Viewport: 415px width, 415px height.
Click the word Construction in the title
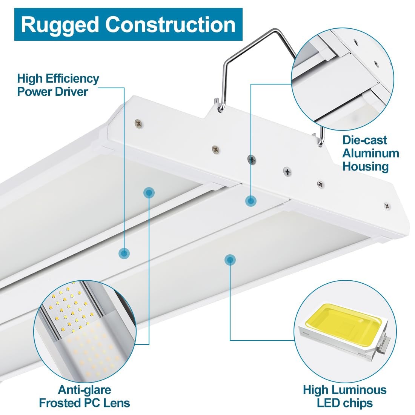pos(171,25)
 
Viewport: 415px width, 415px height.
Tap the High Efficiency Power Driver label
pos(58,85)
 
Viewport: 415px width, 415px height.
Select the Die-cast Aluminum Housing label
pos(370,153)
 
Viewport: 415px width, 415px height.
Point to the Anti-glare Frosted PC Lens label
pos(85,396)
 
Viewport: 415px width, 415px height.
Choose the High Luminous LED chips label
pos(344,396)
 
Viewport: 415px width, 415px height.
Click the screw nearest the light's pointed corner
pos(138,123)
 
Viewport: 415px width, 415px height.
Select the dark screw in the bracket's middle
pos(251,159)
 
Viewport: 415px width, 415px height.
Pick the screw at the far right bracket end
pos(387,206)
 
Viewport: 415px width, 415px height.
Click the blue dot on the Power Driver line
pos(124,253)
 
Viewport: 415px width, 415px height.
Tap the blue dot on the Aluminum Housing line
pos(251,201)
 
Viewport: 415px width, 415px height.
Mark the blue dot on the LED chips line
pos(230,260)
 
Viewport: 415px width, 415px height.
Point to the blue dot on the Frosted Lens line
pos(149,193)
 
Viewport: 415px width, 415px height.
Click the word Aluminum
pos(370,154)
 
